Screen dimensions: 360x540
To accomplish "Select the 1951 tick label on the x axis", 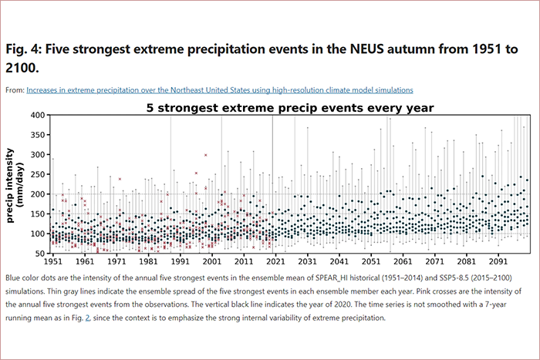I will pyautogui.click(x=53, y=262).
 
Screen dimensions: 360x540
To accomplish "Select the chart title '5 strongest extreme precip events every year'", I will pyautogui.click(x=290, y=107).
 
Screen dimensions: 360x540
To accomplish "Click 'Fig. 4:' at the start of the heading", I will pyautogui.click(x=24, y=49).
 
